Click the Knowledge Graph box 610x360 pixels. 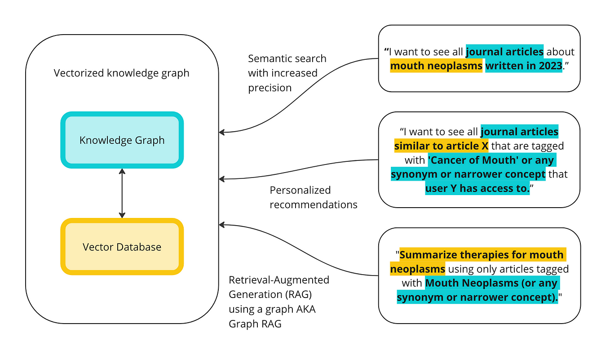(122, 140)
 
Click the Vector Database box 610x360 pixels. (122, 247)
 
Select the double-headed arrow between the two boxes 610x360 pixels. (122, 193)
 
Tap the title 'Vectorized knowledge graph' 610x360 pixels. (121, 73)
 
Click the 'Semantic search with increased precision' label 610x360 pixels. (287, 73)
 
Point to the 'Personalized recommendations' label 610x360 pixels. (313, 197)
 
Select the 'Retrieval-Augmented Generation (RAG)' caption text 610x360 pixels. (278, 287)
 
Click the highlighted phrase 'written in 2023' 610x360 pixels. (524, 66)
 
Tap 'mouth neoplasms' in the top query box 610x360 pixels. (436, 66)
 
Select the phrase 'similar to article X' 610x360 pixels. (442, 146)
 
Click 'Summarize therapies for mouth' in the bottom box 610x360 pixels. (482, 255)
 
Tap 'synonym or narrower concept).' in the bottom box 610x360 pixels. (477, 298)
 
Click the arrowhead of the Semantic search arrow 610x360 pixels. (221, 132)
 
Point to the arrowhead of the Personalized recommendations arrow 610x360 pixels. (221, 179)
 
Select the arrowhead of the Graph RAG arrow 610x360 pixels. (221, 224)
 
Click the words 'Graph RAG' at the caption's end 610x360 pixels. (255, 323)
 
